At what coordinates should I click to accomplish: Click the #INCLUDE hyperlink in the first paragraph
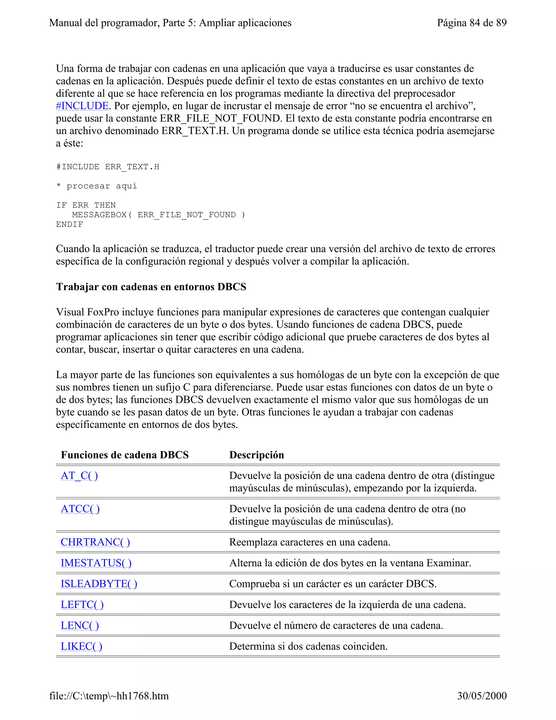(x=82, y=106)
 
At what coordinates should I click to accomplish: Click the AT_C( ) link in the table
(x=79, y=475)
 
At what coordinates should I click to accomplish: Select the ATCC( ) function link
(x=80, y=509)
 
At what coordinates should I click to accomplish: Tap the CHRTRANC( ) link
(x=95, y=542)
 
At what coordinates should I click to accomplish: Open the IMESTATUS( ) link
(x=96, y=563)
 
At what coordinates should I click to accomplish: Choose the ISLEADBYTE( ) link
(x=99, y=584)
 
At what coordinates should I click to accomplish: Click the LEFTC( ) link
(x=82, y=604)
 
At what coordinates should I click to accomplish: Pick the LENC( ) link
(x=80, y=625)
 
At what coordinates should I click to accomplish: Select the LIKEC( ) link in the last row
(x=81, y=646)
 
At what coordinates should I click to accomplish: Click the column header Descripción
(x=257, y=455)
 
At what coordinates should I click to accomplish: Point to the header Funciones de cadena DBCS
(x=125, y=455)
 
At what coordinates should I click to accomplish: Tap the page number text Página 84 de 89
(x=471, y=23)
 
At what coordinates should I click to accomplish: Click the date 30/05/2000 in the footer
(x=482, y=696)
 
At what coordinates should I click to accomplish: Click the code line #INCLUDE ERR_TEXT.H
(x=108, y=167)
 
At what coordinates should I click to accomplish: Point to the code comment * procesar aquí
(x=96, y=186)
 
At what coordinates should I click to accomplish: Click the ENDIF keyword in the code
(x=69, y=224)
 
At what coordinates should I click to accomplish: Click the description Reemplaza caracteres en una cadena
(x=309, y=542)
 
